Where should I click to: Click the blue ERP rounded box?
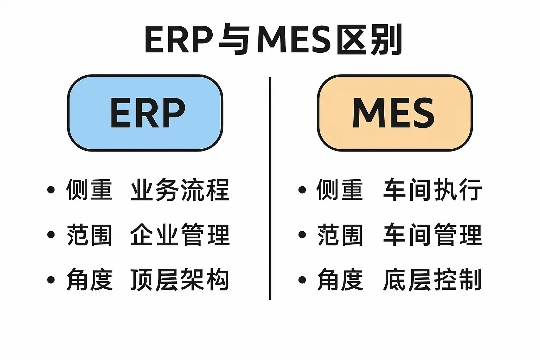(x=145, y=113)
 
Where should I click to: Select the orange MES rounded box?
(x=394, y=113)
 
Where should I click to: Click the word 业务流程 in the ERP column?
(x=180, y=190)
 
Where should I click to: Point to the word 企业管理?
(x=180, y=235)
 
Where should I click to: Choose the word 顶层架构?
(x=180, y=280)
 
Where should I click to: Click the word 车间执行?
(x=432, y=190)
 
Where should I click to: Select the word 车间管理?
(x=432, y=235)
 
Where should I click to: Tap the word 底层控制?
(x=432, y=280)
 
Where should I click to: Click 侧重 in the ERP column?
(x=89, y=190)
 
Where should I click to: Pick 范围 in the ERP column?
(x=89, y=235)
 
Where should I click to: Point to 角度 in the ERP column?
(x=89, y=280)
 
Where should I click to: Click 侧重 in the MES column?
(x=340, y=190)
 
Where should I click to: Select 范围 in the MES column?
(x=340, y=235)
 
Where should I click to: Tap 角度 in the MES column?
(x=340, y=280)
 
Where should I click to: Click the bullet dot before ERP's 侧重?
(x=51, y=190)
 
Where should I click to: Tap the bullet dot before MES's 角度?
(x=302, y=280)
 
